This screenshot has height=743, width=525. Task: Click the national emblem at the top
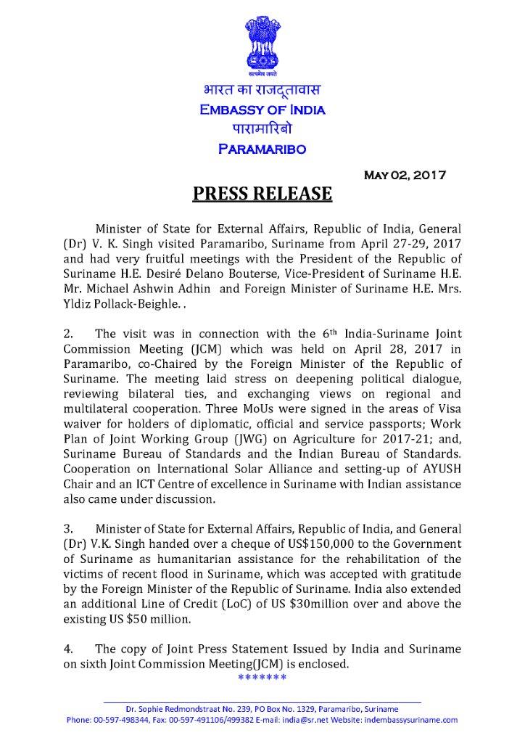[x=262, y=40]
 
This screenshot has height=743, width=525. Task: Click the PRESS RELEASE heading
[x=262, y=194]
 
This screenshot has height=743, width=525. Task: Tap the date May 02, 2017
[x=405, y=175]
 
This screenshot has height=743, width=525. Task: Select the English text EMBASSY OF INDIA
[x=262, y=110]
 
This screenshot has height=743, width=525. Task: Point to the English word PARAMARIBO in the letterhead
[x=262, y=149]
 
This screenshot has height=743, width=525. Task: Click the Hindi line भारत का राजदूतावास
[x=262, y=91]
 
